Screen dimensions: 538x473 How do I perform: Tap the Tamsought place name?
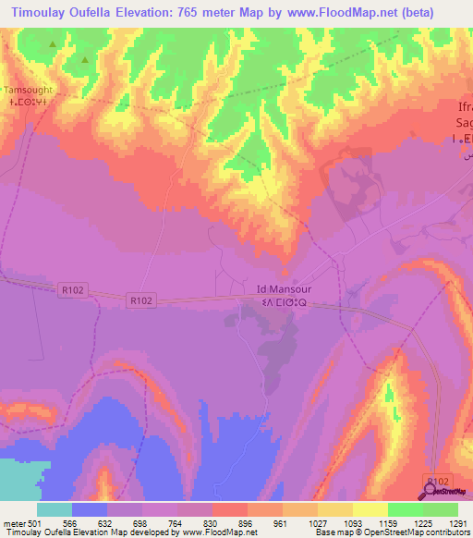pos(30,90)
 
